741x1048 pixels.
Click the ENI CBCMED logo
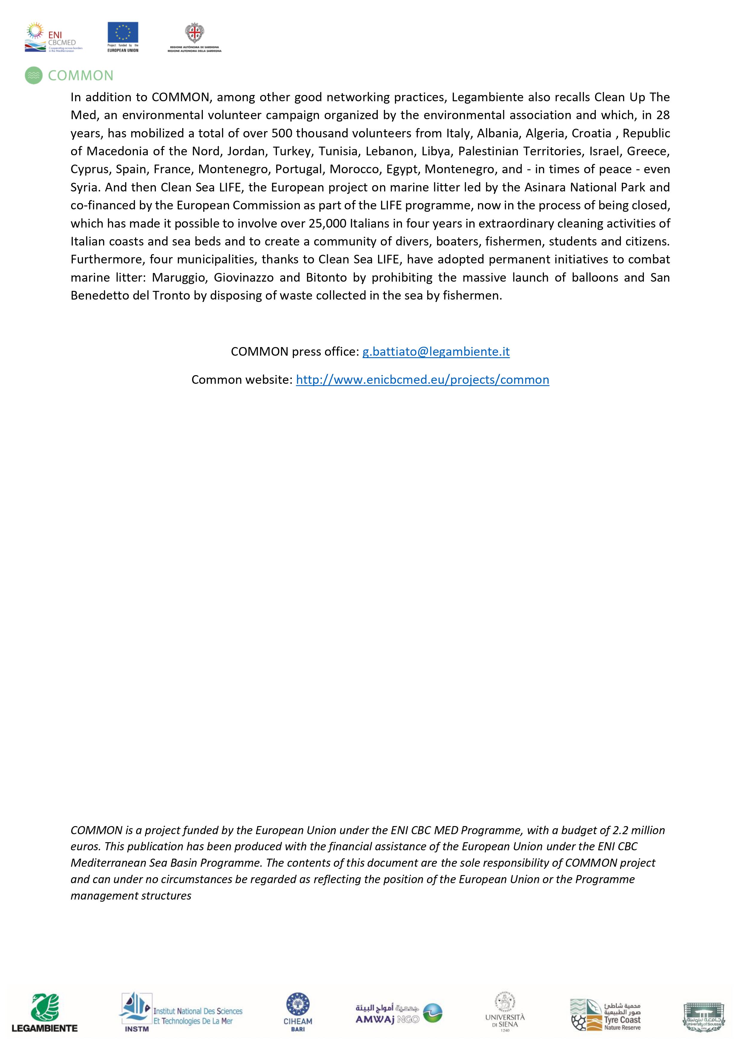pos(53,37)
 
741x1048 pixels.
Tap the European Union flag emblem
pos(123,33)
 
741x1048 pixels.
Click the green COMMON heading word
pos(80,76)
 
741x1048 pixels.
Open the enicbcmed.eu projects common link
pos(422,380)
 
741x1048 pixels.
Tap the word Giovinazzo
pos(243,277)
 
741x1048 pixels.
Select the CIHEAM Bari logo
pos(298,1018)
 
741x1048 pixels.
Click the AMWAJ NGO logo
pos(399,1018)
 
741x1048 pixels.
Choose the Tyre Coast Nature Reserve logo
pos(605,1018)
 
